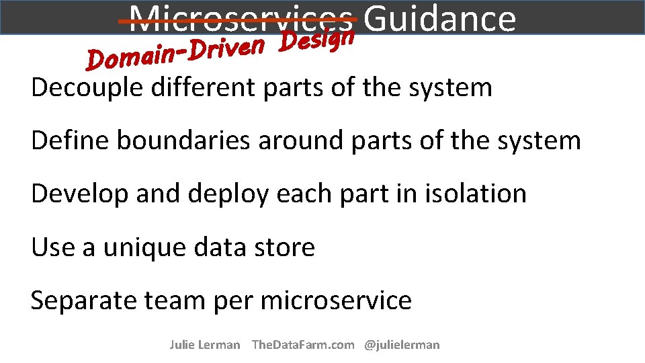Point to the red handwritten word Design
click(317, 39)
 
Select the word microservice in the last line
click(335, 300)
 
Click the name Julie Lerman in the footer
click(204, 345)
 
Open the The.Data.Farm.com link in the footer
click(302, 345)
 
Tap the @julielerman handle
click(402, 345)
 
